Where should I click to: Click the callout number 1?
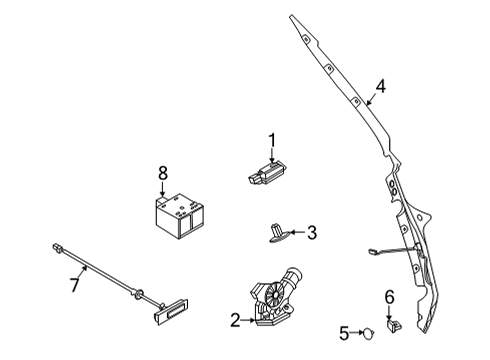[x=270, y=140]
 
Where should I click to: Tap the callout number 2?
[x=235, y=320]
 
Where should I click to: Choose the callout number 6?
[x=390, y=296]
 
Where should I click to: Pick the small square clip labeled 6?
[x=392, y=323]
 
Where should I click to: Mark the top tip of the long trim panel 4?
[x=292, y=16]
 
